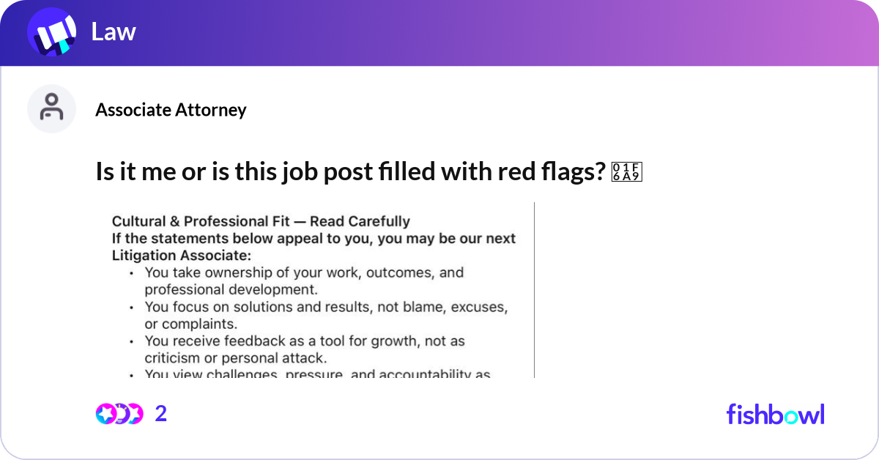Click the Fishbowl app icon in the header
[51, 33]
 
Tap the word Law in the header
[114, 32]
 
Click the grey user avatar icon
[51, 108]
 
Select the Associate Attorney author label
[171, 110]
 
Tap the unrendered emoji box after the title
[626, 171]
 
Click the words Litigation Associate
[180, 255]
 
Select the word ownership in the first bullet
[234, 272]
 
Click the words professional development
[231, 289]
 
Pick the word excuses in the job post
[478, 307]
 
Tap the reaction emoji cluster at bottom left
[119, 414]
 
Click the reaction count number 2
[161, 414]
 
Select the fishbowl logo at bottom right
[775, 414]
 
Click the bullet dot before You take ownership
[130, 273]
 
